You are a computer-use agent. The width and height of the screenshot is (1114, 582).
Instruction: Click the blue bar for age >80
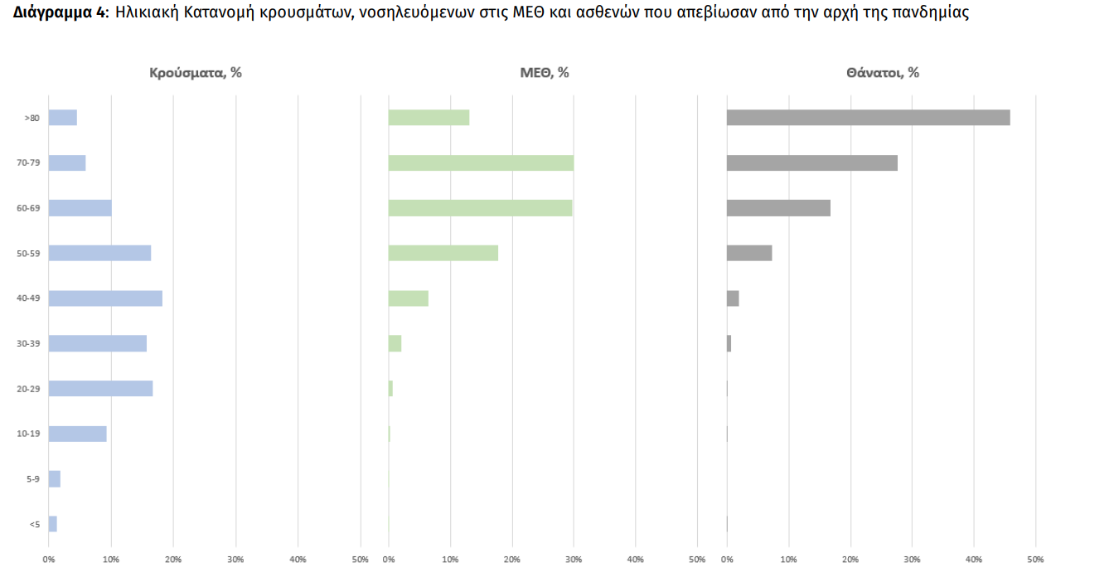(x=63, y=118)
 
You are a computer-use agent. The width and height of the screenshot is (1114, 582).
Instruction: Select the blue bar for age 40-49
(x=105, y=298)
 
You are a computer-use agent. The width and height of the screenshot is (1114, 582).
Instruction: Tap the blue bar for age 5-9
(x=55, y=479)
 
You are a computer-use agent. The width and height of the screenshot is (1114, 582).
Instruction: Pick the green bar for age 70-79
(x=481, y=162)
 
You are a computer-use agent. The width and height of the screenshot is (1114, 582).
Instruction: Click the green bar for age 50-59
(x=443, y=253)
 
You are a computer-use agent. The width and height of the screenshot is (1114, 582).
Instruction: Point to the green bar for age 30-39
(x=395, y=343)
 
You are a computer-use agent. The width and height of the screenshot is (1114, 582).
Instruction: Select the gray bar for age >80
(x=868, y=118)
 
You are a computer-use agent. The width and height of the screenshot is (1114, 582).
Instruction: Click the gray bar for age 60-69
(x=778, y=208)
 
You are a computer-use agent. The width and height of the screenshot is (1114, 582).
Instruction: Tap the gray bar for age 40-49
(x=733, y=298)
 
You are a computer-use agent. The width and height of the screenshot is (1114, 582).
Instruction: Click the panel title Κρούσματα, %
(x=196, y=73)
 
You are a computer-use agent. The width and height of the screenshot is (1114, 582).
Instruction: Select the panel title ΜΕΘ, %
(x=545, y=73)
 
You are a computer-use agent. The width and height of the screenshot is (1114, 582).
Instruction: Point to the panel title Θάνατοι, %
(x=883, y=73)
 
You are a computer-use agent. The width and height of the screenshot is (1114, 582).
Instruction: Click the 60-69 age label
(x=28, y=208)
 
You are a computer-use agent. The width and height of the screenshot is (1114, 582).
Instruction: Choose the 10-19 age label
(x=28, y=434)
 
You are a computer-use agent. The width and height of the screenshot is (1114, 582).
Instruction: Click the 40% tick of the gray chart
(x=973, y=560)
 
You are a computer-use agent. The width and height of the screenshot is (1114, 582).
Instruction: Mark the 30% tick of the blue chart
(x=235, y=560)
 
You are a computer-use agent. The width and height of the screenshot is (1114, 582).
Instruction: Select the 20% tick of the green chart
(x=512, y=560)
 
